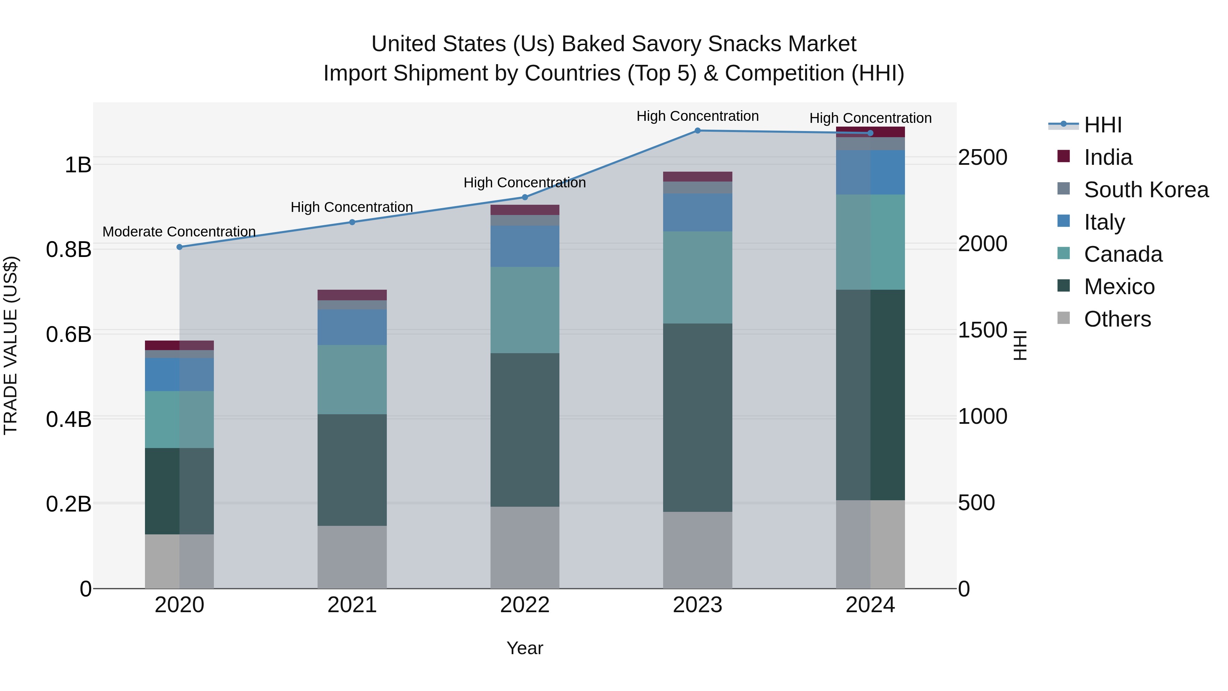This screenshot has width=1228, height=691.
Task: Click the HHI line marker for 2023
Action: click(x=698, y=130)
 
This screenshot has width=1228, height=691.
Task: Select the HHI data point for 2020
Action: click(x=179, y=247)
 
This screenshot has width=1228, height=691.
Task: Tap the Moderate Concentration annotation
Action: click(x=179, y=232)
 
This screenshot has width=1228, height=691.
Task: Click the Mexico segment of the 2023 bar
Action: click(x=698, y=417)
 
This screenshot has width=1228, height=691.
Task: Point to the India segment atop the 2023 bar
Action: click(x=698, y=176)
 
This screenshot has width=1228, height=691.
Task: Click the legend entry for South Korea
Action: click(x=1146, y=190)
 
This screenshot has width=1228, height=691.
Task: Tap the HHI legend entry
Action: click(x=1102, y=125)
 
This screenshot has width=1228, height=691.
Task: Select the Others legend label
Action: click(x=1117, y=319)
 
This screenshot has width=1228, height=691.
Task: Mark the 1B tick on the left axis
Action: click(x=78, y=165)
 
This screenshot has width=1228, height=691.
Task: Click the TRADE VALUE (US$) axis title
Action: click(x=11, y=345)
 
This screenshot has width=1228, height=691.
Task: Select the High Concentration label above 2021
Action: click(x=352, y=207)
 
